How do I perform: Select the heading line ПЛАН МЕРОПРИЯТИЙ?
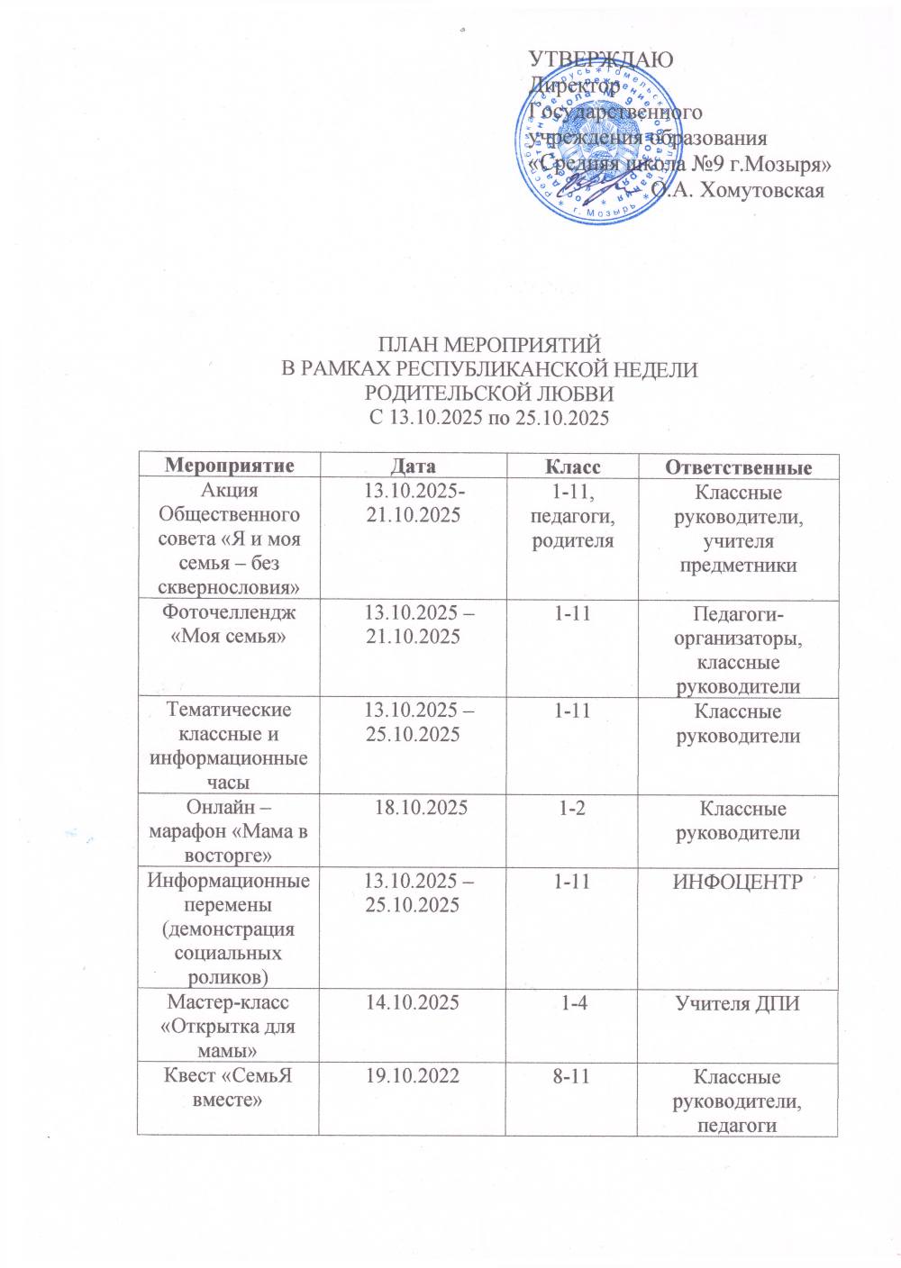489,344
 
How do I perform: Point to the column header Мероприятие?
229,466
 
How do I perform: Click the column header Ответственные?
738,466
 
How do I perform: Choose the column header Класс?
572,466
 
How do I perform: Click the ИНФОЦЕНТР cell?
738,881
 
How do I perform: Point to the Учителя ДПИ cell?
738,1002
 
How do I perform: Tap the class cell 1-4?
573,1001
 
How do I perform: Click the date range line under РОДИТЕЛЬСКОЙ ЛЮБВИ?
489,418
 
